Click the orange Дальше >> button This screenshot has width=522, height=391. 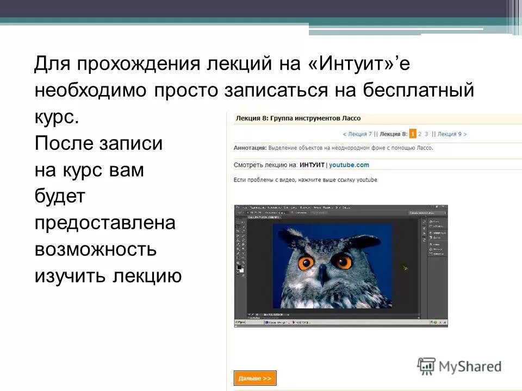click(x=255, y=378)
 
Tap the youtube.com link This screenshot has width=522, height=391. click(x=349, y=165)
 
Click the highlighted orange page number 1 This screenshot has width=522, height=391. click(x=413, y=134)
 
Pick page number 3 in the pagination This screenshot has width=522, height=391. click(x=427, y=134)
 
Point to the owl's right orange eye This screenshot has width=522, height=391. click(x=344, y=262)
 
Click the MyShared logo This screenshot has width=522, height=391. click(x=459, y=366)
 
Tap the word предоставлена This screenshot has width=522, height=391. click(x=105, y=223)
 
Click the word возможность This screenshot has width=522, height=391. click(x=96, y=250)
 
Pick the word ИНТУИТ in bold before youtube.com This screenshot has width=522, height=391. click(x=312, y=165)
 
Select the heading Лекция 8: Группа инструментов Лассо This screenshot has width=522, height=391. click(x=298, y=118)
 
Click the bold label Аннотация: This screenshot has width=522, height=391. click(x=250, y=147)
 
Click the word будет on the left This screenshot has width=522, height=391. click(x=60, y=197)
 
